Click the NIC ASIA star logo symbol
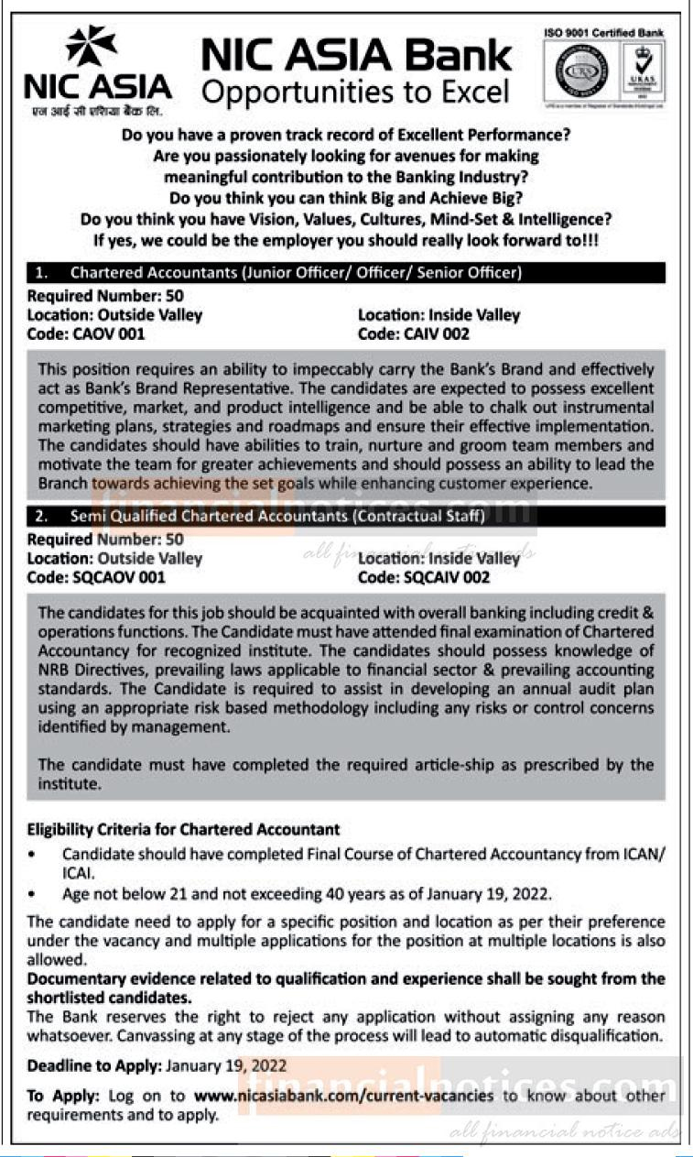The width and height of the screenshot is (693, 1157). (91, 46)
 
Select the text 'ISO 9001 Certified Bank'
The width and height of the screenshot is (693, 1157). (603, 32)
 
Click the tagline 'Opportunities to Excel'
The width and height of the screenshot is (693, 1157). (354, 93)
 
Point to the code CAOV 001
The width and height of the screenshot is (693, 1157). (86, 333)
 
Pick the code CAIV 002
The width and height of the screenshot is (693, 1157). (414, 333)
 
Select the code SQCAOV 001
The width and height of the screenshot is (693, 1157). (96, 577)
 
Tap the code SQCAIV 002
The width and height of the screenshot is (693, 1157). (424, 577)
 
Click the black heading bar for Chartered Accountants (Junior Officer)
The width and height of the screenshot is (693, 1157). (345, 272)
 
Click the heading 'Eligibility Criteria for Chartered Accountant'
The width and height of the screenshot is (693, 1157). (183, 829)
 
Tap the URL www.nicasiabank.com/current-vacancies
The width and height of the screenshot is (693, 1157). (343, 1095)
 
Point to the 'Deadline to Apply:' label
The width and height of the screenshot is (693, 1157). (94, 1065)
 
